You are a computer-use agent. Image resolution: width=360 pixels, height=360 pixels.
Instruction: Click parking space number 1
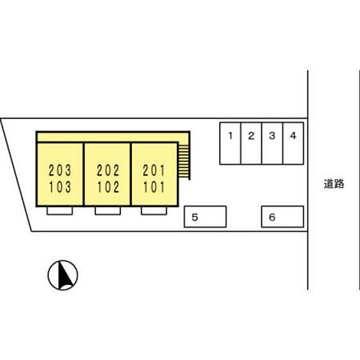[x=230, y=143]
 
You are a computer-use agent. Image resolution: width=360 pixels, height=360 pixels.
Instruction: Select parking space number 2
[x=251, y=143]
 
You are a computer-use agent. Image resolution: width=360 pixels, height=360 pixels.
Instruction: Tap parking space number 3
[x=273, y=143]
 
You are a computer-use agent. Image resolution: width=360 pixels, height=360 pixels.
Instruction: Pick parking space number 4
[x=293, y=143]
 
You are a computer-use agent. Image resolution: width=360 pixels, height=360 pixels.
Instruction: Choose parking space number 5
[x=205, y=217]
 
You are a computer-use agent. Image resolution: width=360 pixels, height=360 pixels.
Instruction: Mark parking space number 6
[x=282, y=217]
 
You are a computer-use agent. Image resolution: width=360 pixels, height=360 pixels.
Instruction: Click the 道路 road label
[x=334, y=184]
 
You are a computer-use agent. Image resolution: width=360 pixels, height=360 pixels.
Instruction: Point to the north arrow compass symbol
[x=63, y=275]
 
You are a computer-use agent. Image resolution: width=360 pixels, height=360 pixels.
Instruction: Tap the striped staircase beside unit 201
[x=184, y=161]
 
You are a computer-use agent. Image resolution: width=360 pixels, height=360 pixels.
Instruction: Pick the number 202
[x=107, y=169]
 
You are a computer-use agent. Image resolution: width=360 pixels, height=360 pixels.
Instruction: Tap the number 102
[x=107, y=186]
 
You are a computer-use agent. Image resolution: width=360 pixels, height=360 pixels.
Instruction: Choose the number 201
[x=154, y=169]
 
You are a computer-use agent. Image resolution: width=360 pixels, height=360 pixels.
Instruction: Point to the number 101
[x=154, y=186]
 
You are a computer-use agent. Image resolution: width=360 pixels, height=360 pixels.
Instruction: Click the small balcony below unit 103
[x=60, y=210]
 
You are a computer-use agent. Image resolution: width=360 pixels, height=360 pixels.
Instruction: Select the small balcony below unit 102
[x=107, y=210]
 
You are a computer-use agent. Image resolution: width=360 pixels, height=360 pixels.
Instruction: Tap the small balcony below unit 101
[x=154, y=210]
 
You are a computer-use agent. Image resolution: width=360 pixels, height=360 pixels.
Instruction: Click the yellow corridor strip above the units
[x=111, y=137]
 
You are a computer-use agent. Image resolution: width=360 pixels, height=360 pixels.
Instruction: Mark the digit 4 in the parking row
[x=293, y=136]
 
